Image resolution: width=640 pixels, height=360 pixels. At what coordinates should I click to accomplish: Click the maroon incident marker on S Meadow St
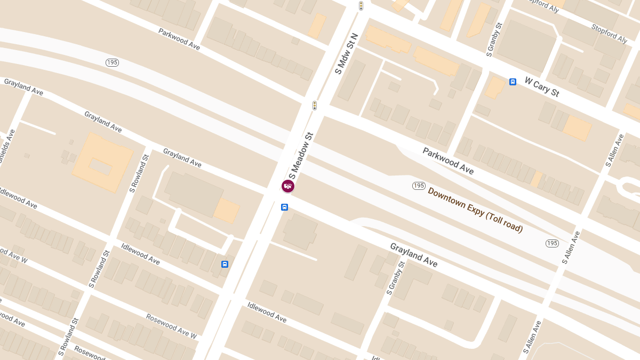tap(288, 186)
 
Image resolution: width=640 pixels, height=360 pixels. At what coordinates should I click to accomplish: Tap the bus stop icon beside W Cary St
tap(513, 82)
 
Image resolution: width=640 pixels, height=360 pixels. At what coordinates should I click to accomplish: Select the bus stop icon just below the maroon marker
tap(284, 207)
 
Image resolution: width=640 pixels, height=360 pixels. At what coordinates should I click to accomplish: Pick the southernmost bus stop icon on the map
tap(225, 264)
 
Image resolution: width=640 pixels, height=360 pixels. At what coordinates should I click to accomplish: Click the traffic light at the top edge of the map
tap(361, 5)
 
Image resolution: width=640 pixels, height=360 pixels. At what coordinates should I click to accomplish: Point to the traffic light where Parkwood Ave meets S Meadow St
tap(315, 105)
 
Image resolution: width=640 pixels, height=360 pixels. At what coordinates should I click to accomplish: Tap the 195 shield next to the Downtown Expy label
tap(419, 186)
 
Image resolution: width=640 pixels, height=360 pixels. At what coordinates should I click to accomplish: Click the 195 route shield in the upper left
tap(112, 62)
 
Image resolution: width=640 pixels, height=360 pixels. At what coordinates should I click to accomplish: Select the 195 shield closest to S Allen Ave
tap(553, 243)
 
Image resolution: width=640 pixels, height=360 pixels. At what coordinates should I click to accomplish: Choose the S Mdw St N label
tap(346, 53)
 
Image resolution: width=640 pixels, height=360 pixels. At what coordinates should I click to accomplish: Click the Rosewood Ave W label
tap(172, 326)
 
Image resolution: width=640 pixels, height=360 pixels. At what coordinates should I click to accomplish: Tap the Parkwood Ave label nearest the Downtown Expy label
tap(448, 161)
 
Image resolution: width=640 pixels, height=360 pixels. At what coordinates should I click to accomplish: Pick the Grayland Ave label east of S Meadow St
tap(413, 255)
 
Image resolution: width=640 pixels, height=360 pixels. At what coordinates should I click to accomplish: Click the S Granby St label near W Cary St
tap(494, 39)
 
